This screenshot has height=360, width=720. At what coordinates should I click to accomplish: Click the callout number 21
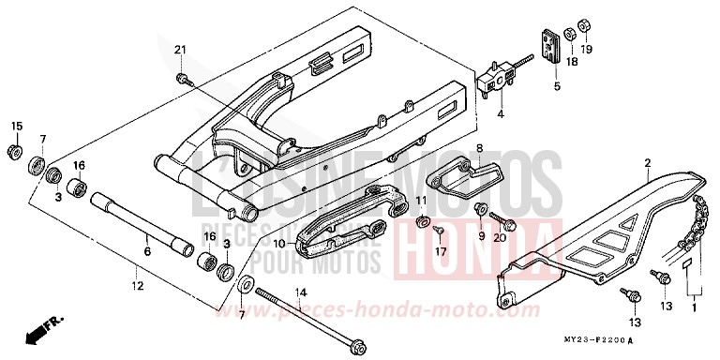[x=181, y=49]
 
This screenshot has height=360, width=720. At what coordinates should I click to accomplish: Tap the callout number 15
[x=16, y=126]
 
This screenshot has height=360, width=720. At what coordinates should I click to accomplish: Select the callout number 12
[x=138, y=286]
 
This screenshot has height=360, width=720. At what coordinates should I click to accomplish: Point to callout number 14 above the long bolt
[x=301, y=293]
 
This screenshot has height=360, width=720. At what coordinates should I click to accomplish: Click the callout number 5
[x=556, y=87]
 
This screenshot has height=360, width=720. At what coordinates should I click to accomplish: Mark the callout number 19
[x=587, y=49]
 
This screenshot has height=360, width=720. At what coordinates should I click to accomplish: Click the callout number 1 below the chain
[x=694, y=307]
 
